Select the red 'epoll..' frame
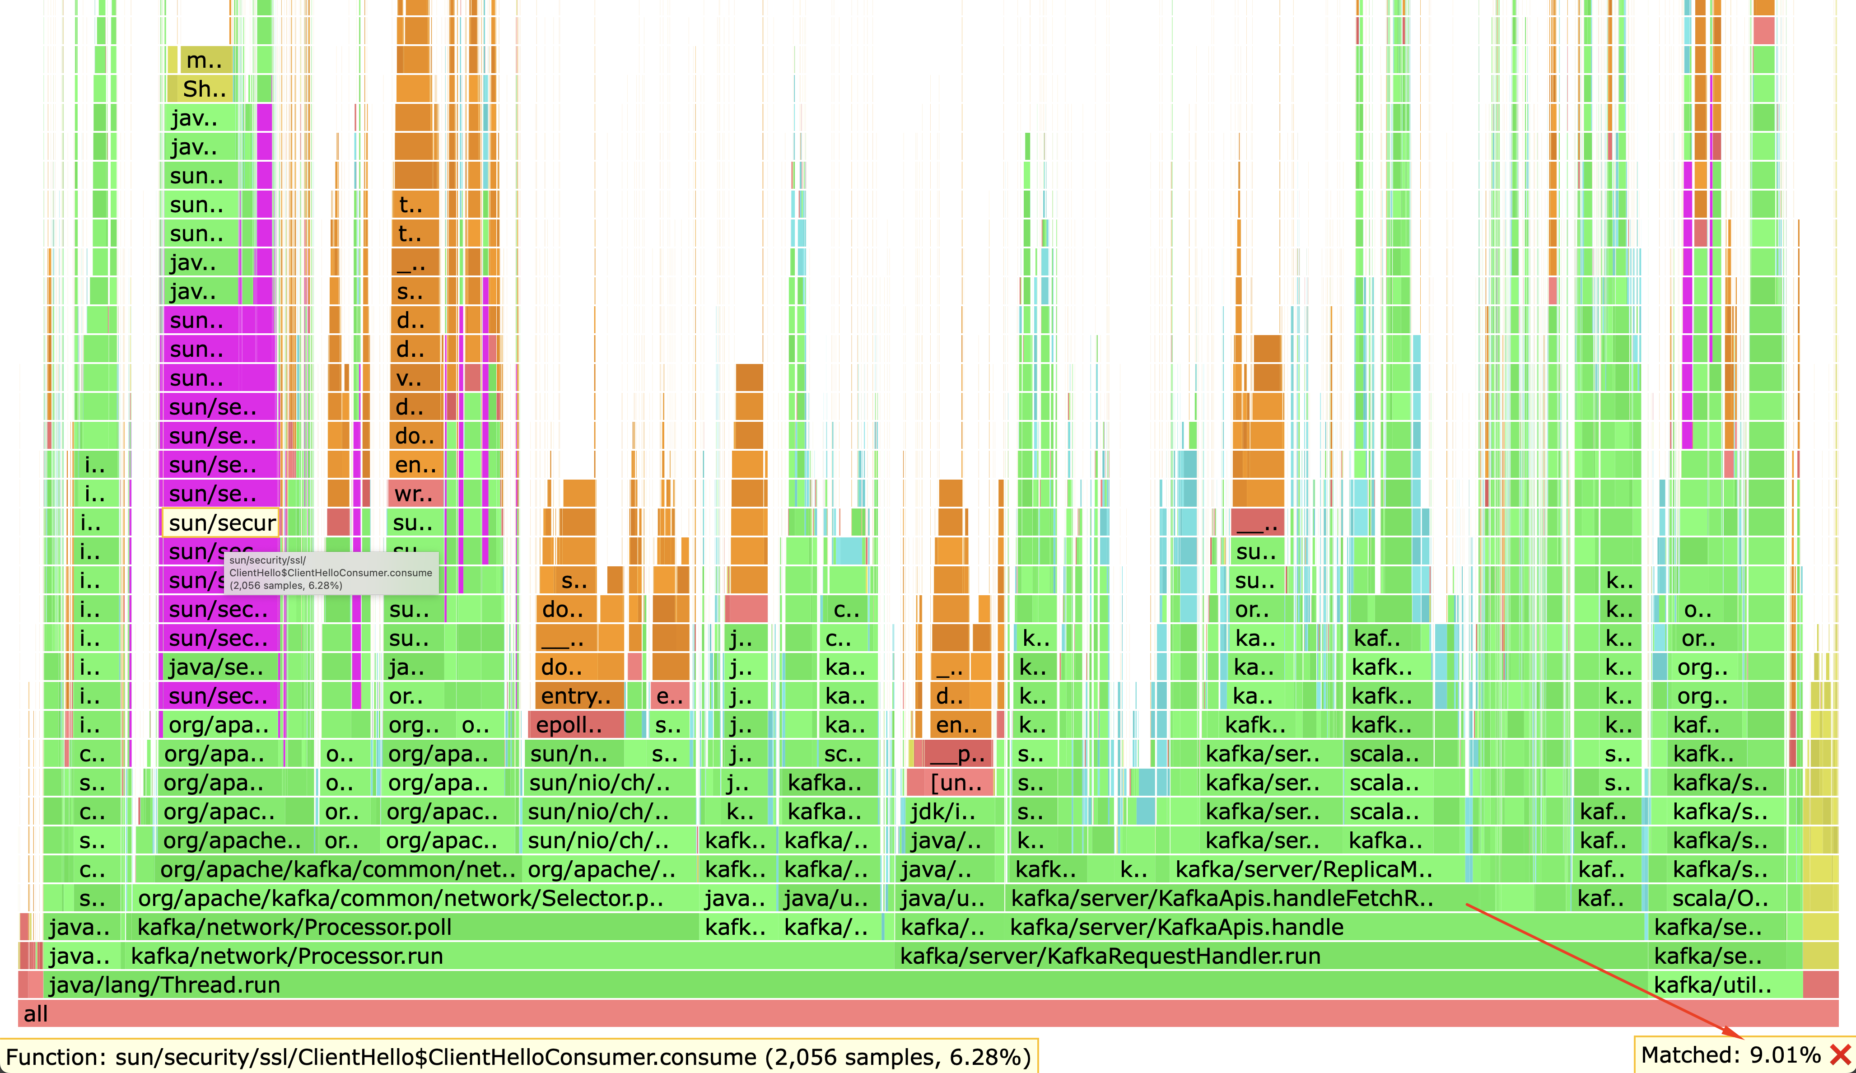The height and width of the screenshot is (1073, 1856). (574, 725)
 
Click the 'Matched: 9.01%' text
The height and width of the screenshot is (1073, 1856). (1731, 1055)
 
